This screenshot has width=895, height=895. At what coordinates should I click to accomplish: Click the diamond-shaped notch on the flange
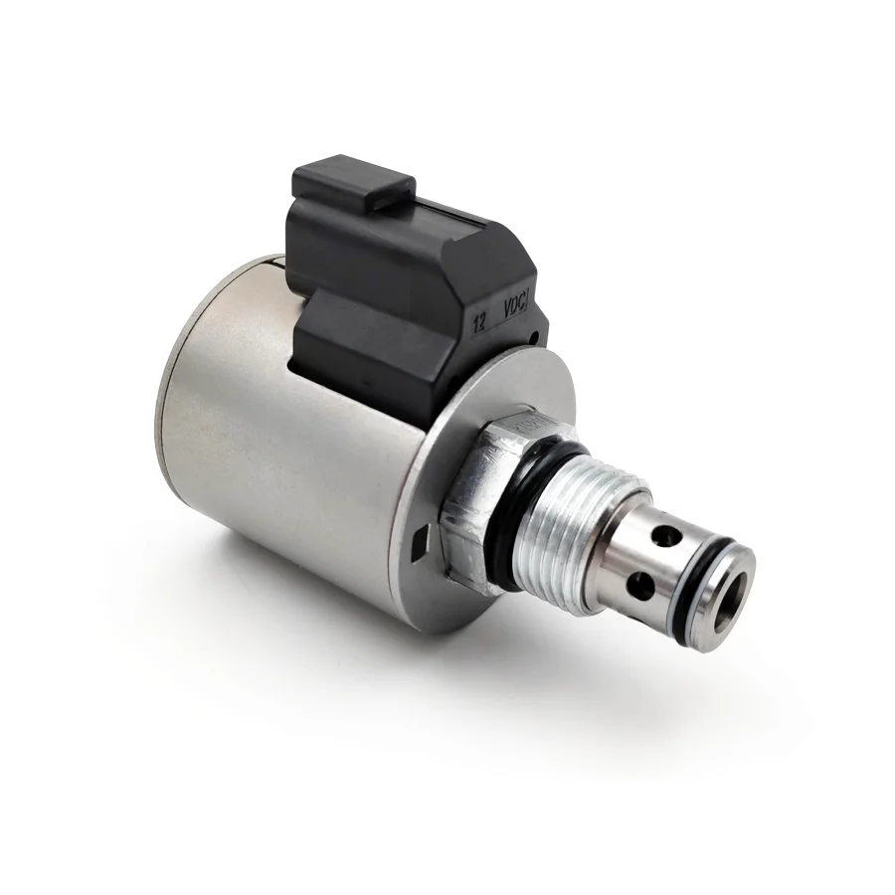[x=417, y=543]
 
